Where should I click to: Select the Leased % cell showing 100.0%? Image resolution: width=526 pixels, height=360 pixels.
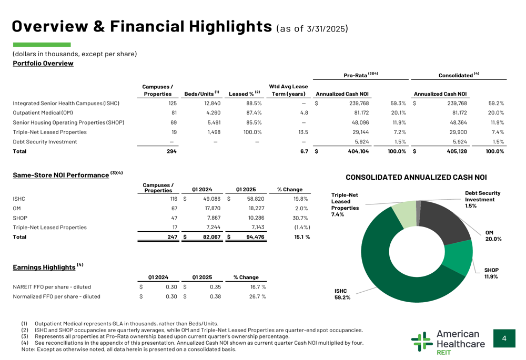(250, 132)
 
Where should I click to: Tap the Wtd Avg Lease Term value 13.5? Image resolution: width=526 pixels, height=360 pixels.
(303, 132)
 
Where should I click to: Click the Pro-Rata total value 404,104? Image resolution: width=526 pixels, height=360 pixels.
(358, 151)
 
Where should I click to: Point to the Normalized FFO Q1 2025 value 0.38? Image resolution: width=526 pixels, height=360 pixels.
(215, 296)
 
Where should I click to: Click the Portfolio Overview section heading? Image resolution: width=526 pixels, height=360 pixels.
(43, 64)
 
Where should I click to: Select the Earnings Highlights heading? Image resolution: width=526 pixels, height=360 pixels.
(44, 268)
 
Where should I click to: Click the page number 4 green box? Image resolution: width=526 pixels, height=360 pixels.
(504, 339)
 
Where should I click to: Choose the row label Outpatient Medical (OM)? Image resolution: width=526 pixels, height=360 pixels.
(43, 113)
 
